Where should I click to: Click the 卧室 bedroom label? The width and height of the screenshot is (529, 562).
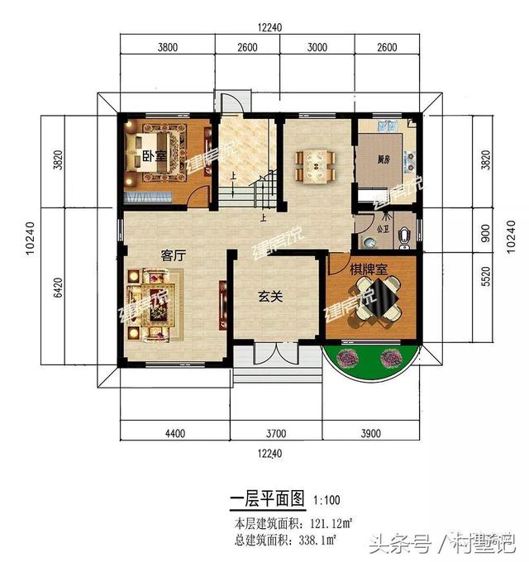[150, 156]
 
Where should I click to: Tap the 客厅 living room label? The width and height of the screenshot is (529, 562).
[172, 256]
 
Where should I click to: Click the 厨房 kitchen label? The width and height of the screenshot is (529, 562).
[384, 161]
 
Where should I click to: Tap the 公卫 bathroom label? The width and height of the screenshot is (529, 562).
[381, 222]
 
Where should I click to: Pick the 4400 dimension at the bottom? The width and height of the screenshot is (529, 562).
[174, 433]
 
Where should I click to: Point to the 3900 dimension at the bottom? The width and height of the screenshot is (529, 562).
[372, 433]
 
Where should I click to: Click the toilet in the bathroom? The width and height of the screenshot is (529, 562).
[403, 236]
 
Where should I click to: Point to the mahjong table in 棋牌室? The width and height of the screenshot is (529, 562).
[374, 299]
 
